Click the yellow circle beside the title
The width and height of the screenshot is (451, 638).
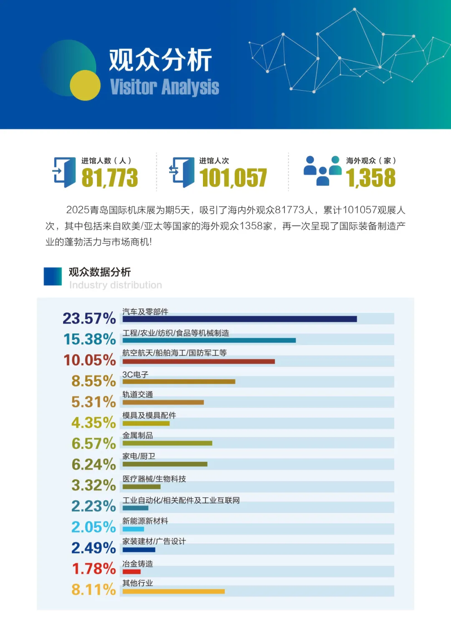tap(85, 85)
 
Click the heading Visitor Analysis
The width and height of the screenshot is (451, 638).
tap(165, 87)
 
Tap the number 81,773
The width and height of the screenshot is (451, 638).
tap(109, 178)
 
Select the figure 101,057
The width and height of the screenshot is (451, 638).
tap(233, 178)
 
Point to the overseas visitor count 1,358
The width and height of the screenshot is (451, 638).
tap(370, 178)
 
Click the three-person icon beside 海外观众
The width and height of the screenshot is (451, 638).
tap(322, 170)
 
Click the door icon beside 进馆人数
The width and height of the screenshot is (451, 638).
tap(64, 172)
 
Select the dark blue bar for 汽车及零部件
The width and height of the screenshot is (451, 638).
tap(239, 319)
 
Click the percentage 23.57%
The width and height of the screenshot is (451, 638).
tap(89, 319)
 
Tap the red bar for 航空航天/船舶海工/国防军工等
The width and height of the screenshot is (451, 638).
tap(198, 362)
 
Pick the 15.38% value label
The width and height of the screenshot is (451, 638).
tap(89, 339)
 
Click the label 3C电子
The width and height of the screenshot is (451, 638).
tap(135, 375)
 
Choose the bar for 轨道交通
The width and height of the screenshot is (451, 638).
tap(163, 403)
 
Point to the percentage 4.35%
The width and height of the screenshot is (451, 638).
tap(94, 423)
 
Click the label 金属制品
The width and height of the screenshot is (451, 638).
tap(137, 435)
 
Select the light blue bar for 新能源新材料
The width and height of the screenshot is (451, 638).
tap(133, 529)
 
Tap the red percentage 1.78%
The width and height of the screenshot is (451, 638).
tap(94, 569)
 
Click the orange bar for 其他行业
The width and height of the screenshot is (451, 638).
tap(173, 591)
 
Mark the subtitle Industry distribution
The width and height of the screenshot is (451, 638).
tap(115, 285)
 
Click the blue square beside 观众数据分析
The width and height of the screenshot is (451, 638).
tap(53, 276)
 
